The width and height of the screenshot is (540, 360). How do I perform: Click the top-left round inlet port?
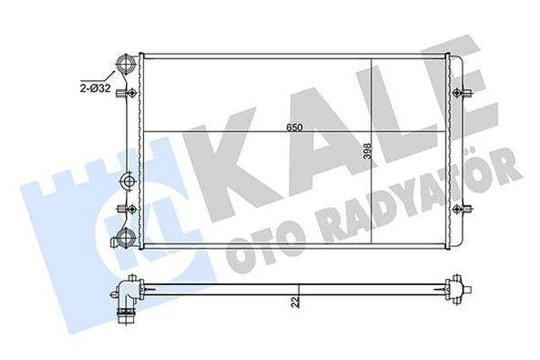[x=125, y=67]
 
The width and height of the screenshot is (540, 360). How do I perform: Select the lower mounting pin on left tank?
[x=130, y=211]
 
